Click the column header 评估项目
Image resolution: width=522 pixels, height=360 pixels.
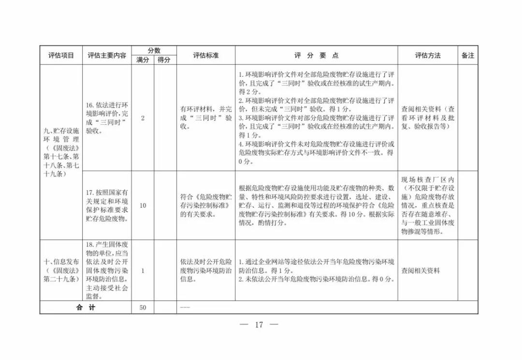pyautogui.click(x=61, y=56)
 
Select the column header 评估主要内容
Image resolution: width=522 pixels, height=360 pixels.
pyautogui.click(x=107, y=56)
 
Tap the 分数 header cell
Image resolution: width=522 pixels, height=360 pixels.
pyautogui.click(x=154, y=51)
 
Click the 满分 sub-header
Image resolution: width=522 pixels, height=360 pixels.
pyautogui.click(x=143, y=60)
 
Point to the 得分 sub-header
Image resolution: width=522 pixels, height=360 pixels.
pyautogui.click(x=165, y=60)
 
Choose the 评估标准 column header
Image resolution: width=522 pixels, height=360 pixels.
pyautogui.click(x=206, y=56)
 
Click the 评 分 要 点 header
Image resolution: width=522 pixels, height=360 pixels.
pyautogui.click(x=317, y=56)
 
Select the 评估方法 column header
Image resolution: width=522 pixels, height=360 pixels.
pyautogui.click(x=428, y=56)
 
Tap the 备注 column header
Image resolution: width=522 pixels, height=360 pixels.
pyautogui.click(x=468, y=56)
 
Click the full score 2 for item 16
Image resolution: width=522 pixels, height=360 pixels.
pyautogui.click(x=143, y=118)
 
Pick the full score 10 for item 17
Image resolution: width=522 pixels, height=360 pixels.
pyautogui.click(x=143, y=205)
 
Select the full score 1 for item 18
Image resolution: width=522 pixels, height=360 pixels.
pyautogui.click(x=143, y=271)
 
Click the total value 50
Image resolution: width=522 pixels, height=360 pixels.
pyautogui.click(x=143, y=308)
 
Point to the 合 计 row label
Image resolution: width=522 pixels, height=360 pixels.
pyautogui.click(x=86, y=308)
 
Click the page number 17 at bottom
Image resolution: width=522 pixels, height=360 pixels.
pyautogui.click(x=259, y=325)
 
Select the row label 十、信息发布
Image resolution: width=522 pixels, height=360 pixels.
pyautogui.click(x=61, y=271)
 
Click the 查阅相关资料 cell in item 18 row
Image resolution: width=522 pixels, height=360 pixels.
pyautogui.click(x=421, y=271)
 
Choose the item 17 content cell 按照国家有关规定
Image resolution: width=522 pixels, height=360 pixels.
pyautogui.click(x=107, y=205)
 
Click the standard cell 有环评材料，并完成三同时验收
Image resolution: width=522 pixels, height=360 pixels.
pyautogui.click(x=206, y=118)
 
